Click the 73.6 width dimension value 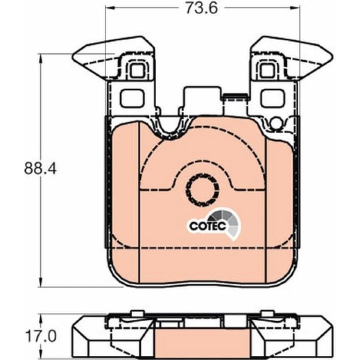point(201,8)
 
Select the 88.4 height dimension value point(40,168)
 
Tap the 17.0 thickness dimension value point(40,337)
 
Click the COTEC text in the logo point(208,226)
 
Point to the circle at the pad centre point(202,189)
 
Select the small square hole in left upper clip point(137,70)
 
